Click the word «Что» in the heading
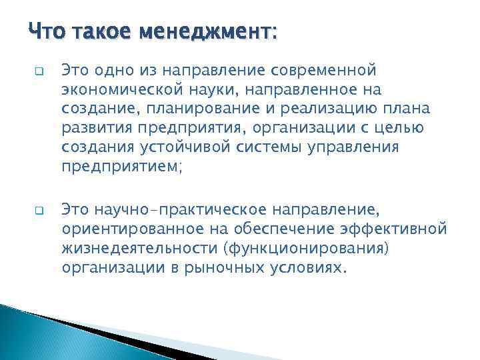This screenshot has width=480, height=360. coord(46,31)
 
